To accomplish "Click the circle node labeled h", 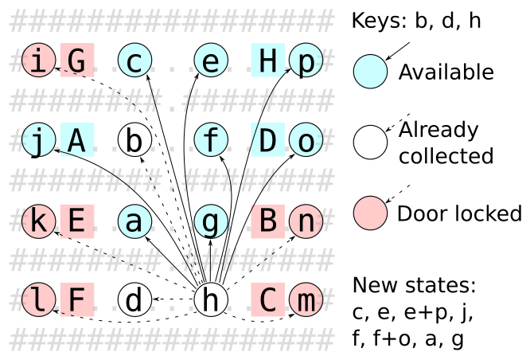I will point(211,300).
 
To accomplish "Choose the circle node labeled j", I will point(37,141).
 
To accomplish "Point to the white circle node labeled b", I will point(134,141).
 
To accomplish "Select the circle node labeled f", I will point(211,141).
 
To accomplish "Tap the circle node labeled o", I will point(306,141).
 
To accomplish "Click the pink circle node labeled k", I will point(37,221).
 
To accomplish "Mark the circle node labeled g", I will point(211,221).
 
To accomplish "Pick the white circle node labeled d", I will point(134,300).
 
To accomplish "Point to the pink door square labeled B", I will point(267,221).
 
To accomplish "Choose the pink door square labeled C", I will point(267,300).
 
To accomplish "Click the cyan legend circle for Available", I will point(370,73).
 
